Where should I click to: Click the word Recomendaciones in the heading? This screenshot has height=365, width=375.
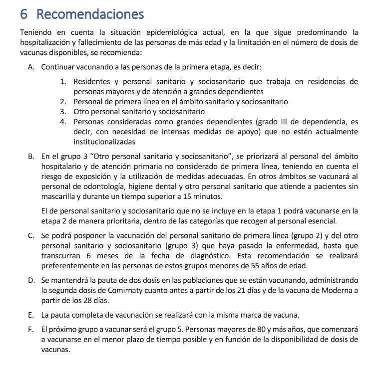click(90, 14)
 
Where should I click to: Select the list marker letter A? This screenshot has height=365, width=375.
click(31, 67)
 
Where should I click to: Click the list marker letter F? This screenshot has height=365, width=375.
click(31, 330)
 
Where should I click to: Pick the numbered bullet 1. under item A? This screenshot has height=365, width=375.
click(63, 81)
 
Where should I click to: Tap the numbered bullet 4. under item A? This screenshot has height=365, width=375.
click(63, 122)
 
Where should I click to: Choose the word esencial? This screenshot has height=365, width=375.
click(322, 221)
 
